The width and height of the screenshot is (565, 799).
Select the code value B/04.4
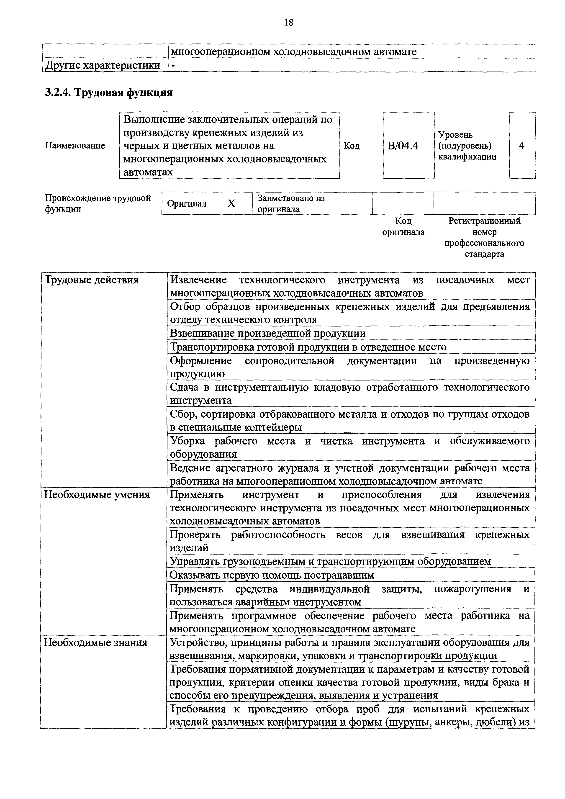tap(403, 145)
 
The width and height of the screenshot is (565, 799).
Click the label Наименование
tap(75, 145)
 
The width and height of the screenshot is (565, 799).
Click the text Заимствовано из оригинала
tap(291, 204)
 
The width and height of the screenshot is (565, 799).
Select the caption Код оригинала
tap(403, 226)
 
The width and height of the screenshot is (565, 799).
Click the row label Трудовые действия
tap(92, 280)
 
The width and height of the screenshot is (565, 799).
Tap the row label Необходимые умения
tap(97, 494)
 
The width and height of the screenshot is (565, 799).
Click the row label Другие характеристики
tap(103, 65)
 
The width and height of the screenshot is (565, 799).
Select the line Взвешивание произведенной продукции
tap(267, 333)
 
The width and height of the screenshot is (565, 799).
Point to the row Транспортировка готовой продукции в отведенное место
tap(308, 347)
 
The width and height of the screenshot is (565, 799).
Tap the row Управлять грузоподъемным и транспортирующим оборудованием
tap(330, 561)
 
